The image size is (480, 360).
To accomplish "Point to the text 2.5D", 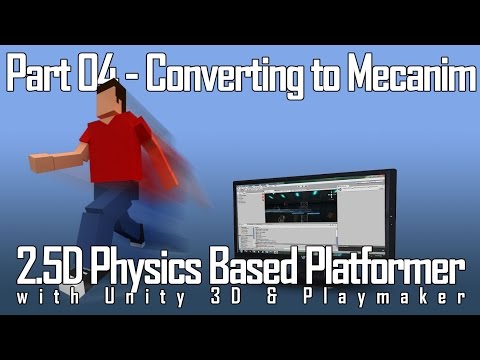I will (x=52, y=270).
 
